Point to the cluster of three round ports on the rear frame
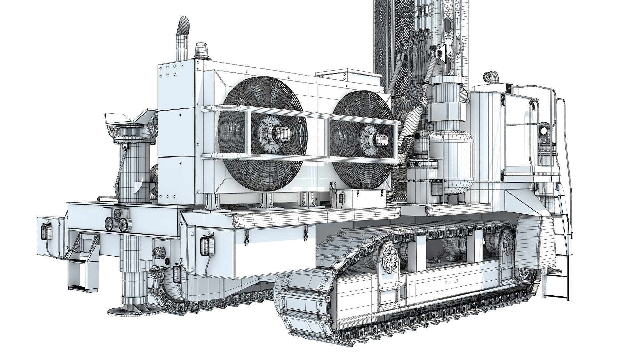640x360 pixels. click(116, 220)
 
